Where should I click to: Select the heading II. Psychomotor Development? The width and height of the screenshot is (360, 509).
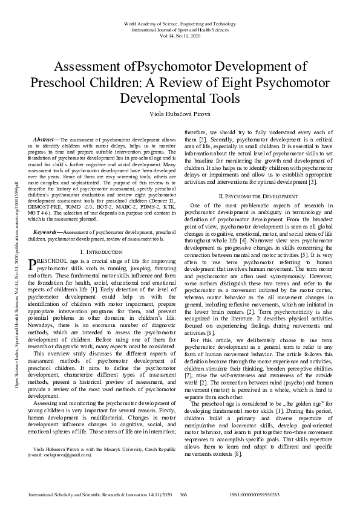[x=258, y=162]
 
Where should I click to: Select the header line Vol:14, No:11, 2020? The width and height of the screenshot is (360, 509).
[x=180, y=36]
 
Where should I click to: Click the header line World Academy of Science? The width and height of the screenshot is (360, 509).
[x=180, y=22]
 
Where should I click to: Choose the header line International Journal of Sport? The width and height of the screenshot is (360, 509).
[x=180, y=29]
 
